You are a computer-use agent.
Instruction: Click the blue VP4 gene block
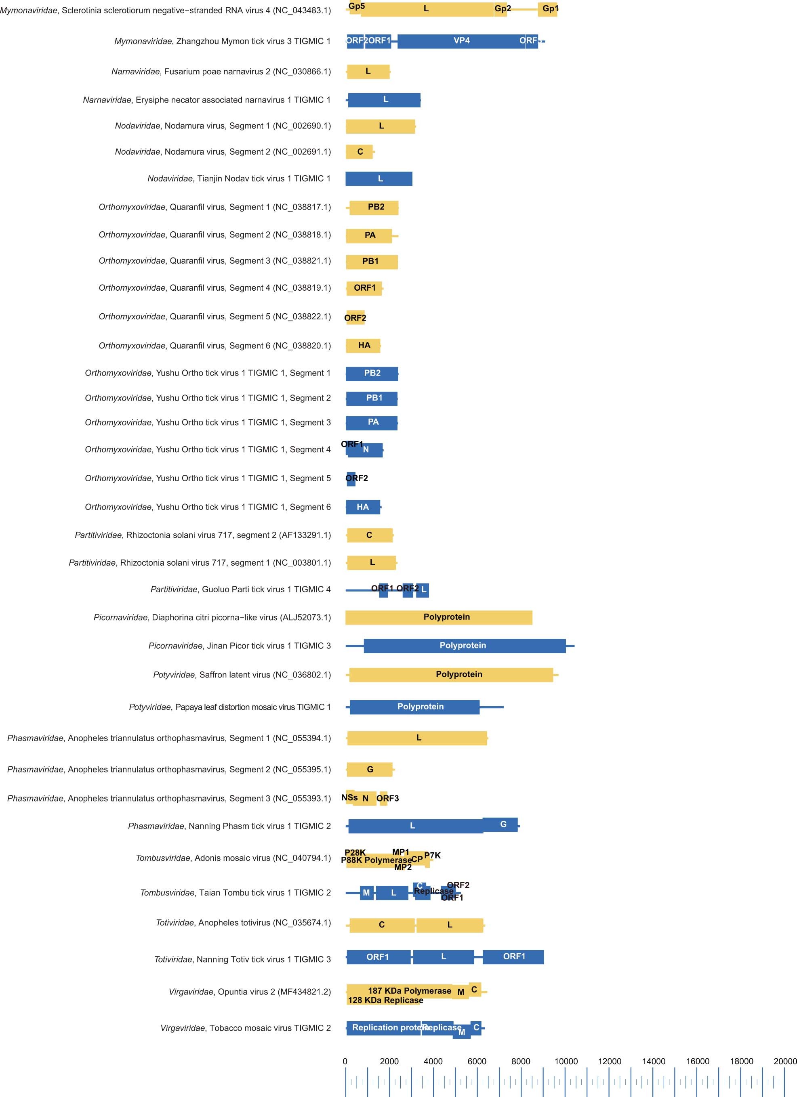coord(461,41)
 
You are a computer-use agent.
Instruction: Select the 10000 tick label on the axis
coord(566,1061)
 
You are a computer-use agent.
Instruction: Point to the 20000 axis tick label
coord(784,1061)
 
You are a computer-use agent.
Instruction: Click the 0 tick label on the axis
coord(345,1061)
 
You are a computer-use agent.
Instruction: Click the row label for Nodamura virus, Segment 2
coord(223,152)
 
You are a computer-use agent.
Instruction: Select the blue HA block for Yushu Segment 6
coord(362,507)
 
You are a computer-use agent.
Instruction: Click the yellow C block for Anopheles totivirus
coord(382,925)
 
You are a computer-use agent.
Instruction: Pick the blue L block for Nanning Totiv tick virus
coord(443,957)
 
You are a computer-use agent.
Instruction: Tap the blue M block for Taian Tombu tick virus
coord(366,893)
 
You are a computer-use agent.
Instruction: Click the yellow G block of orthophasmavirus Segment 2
coord(370,769)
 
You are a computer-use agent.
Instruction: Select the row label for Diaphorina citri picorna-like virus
coord(212,618)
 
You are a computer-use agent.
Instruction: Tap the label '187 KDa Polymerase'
coord(409,990)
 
